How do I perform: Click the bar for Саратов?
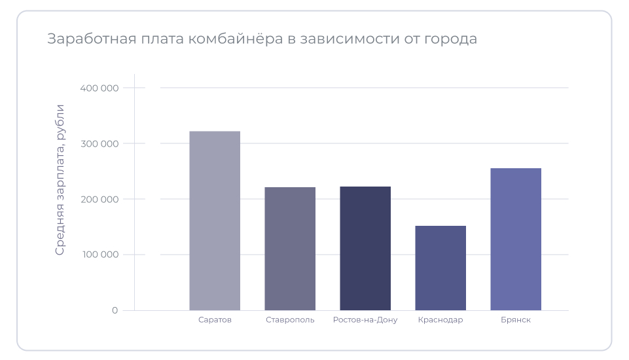click(x=215, y=221)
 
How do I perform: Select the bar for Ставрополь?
click(x=290, y=249)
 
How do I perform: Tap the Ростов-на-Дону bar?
click(x=365, y=248)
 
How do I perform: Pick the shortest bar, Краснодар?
click(x=440, y=268)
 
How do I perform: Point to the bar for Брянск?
click(x=516, y=239)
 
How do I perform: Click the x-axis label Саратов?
click(x=215, y=320)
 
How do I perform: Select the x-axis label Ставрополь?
click(x=290, y=320)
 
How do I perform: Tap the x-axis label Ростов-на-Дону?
click(x=365, y=320)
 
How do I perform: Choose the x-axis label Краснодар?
click(x=440, y=320)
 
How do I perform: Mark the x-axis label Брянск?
click(x=516, y=320)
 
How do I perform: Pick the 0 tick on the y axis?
click(x=115, y=310)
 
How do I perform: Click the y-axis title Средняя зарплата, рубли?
click(x=60, y=179)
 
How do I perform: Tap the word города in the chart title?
click(x=451, y=39)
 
